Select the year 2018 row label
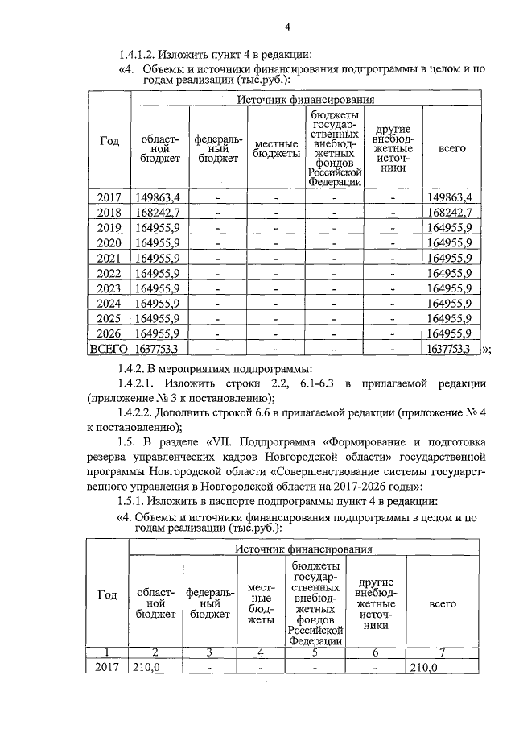pos(109,213)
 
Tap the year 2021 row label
pos(109,258)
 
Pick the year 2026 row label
pos(109,333)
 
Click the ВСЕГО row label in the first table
pos(109,349)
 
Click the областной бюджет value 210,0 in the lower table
pos(146,668)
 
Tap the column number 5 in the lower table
pos(315,652)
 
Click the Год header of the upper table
pos(109,141)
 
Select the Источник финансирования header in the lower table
pos(304,549)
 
